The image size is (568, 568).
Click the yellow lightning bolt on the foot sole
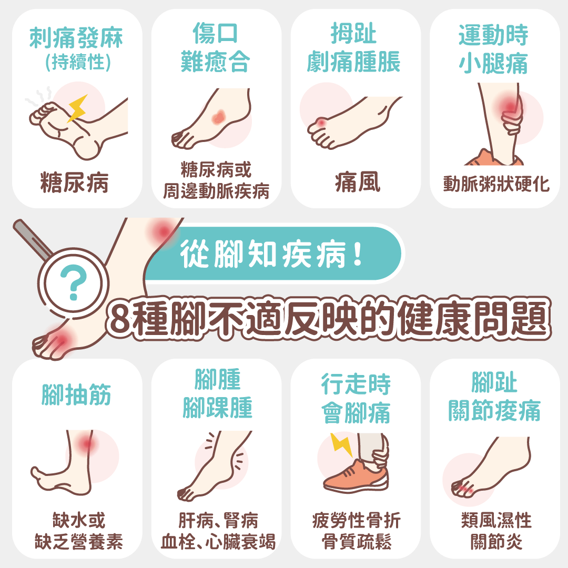[77, 108]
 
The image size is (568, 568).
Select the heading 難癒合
[214, 62]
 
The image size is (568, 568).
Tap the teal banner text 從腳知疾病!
[271, 255]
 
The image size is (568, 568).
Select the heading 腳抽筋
[76, 394]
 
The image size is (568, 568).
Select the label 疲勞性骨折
[356, 521]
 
